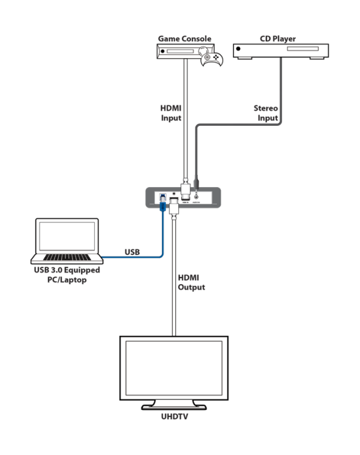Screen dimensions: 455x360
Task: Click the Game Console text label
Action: tap(184, 39)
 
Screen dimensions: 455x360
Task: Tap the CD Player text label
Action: tap(278, 39)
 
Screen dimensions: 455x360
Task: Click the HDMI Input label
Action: tap(170, 114)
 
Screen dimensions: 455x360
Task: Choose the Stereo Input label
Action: tap(266, 114)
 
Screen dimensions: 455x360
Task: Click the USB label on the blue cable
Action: tap(132, 252)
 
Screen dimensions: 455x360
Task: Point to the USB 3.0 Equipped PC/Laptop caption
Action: tap(67, 275)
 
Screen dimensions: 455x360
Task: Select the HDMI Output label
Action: tap(191, 282)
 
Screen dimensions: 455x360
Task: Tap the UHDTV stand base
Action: tap(174, 405)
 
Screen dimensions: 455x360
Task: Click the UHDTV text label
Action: tap(174, 415)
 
